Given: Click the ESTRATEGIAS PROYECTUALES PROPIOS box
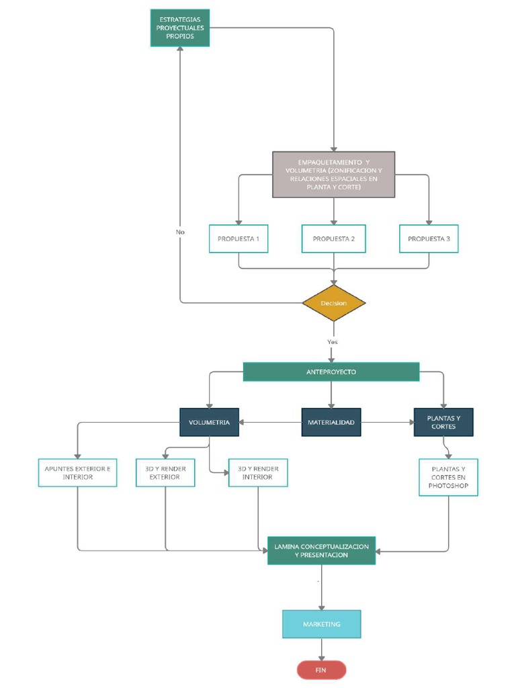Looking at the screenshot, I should (x=179, y=28).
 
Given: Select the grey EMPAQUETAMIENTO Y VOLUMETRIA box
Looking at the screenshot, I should (x=333, y=174).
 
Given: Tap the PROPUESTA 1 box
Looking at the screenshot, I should (x=239, y=239).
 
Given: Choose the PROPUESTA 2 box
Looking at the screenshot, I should (x=334, y=239).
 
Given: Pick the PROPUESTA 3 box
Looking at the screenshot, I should (x=429, y=239).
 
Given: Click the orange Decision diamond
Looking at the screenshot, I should (x=334, y=303).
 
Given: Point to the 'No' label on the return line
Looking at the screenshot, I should (x=180, y=232).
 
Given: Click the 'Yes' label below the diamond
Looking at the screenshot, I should (x=333, y=342).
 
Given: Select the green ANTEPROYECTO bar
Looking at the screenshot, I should (x=331, y=372).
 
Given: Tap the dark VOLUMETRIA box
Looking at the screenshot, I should (x=209, y=423).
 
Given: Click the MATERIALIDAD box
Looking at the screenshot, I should (x=331, y=423).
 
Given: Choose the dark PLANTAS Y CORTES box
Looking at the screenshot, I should (x=443, y=422).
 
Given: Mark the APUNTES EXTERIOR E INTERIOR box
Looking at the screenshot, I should (x=77, y=472).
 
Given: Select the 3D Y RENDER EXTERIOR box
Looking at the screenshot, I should (x=166, y=472).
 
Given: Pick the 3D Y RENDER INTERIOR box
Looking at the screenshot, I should (x=258, y=472).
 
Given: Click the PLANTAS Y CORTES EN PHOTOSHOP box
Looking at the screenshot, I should (x=448, y=477).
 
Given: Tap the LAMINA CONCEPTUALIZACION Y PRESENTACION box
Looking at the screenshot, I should (x=321, y=551).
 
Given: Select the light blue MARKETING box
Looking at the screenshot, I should (x=321, y=624).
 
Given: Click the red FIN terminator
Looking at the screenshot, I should (x=321, y=670).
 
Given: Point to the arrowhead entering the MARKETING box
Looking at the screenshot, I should (x=321, y=607).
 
